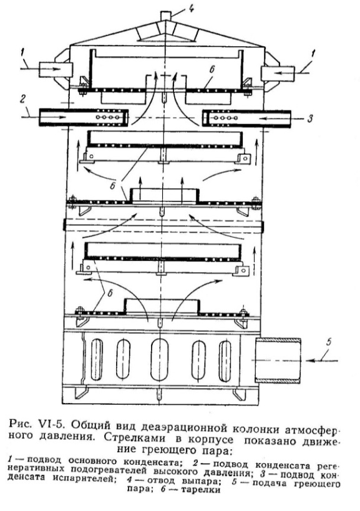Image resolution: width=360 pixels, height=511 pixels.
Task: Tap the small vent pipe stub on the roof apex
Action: pyautogui.click(x=166, y=16)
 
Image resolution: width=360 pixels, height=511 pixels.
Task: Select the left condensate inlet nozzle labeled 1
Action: pyautogui.click(x=55, y=69)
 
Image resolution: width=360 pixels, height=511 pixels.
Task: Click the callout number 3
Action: pyautogui.click(x=309, y=119)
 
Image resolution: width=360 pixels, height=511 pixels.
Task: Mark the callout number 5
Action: pyautogui.click(x=328, y=342)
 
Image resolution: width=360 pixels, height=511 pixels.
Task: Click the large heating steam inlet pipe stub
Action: pyautogui.click(x=278, y=360)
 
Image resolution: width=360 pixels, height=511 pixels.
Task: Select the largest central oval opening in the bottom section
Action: pyautogui.click(x=159, y=359)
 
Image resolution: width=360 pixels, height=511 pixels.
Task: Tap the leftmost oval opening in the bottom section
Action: pyautogui.click(x=97, y=360)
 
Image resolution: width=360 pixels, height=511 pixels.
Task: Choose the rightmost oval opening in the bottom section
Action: pyautogui.click(x=225, y=361)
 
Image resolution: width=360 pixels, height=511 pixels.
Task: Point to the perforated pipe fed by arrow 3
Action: pyautogui.click(x=246, y=119)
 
